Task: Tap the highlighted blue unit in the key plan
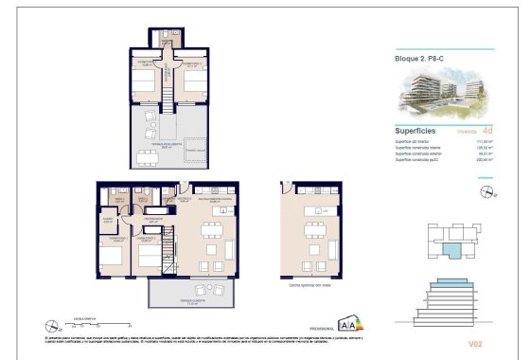(x=455, y=252)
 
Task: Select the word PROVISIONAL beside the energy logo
(x=324, y=328)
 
